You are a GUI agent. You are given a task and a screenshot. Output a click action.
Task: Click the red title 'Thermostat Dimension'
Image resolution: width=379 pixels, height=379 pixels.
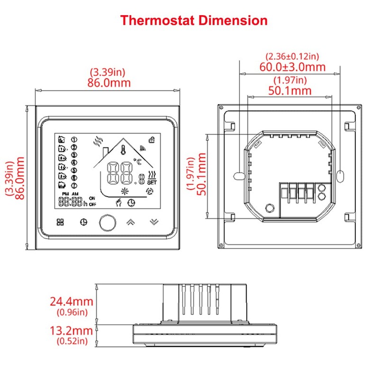coord(193,20)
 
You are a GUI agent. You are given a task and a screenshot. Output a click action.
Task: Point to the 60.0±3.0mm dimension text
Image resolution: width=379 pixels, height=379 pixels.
coord(292,67)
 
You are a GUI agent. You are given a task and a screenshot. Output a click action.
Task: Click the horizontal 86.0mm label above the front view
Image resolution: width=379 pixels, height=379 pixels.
coord(108,82)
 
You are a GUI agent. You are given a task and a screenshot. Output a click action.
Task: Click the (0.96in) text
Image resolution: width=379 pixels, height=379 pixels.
coord(72,312)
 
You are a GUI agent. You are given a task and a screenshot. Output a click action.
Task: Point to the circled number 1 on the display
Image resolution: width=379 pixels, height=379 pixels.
coord(74,139)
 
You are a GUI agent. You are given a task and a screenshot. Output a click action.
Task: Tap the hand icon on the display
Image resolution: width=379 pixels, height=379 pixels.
coord(119,202)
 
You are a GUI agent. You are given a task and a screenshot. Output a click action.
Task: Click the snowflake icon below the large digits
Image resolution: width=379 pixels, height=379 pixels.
coord(126,191)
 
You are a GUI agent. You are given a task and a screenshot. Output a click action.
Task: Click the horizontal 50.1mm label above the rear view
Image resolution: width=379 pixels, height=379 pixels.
coord(290,90)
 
